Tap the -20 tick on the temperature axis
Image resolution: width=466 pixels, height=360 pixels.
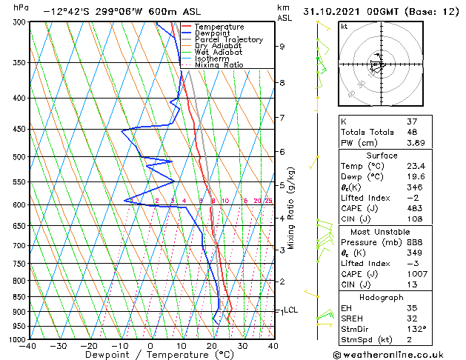pyautogui.click(x=88, y=346)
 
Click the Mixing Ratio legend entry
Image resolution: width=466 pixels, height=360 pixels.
pyautogui.click(x=218, y=65)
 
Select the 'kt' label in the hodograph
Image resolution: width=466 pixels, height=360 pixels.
pyautogui.click(x=344, y=26)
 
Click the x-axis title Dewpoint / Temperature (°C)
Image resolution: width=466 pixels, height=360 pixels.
pyautogui.click(x=150, y=356)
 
